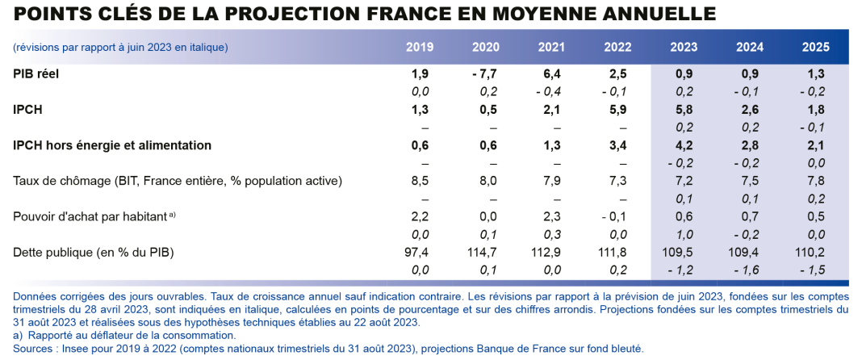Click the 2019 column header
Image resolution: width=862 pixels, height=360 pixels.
pyautogui.click(x=419, y=47)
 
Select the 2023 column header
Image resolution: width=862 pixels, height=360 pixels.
pyautogui.click(x=684, y=47)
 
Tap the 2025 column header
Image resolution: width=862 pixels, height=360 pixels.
pyautogui.click(x=815, y=47)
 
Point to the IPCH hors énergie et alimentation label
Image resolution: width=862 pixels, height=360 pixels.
pyautogui.click(x=112, y=145)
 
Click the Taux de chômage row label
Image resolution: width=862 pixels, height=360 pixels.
pyautogui.click(x=178, y=181)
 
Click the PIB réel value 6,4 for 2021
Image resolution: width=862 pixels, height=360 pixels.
pyautogui.click(x=551, y=73)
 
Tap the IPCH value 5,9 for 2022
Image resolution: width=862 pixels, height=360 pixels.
pyautogui.click(x=617, y=110)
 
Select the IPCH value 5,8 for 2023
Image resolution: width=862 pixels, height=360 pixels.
pyautogui.click(x=684, y=110)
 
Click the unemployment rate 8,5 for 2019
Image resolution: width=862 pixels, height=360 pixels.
pyautogui.click(x=419, y=181)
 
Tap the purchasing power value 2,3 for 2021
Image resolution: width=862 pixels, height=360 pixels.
pyautogui.click(x=551, y=216)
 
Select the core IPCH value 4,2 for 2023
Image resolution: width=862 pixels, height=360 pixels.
pyautogui.click(x=684, y=145)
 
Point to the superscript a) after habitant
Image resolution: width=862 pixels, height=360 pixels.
pyautogui.click(x=172, y=214)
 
